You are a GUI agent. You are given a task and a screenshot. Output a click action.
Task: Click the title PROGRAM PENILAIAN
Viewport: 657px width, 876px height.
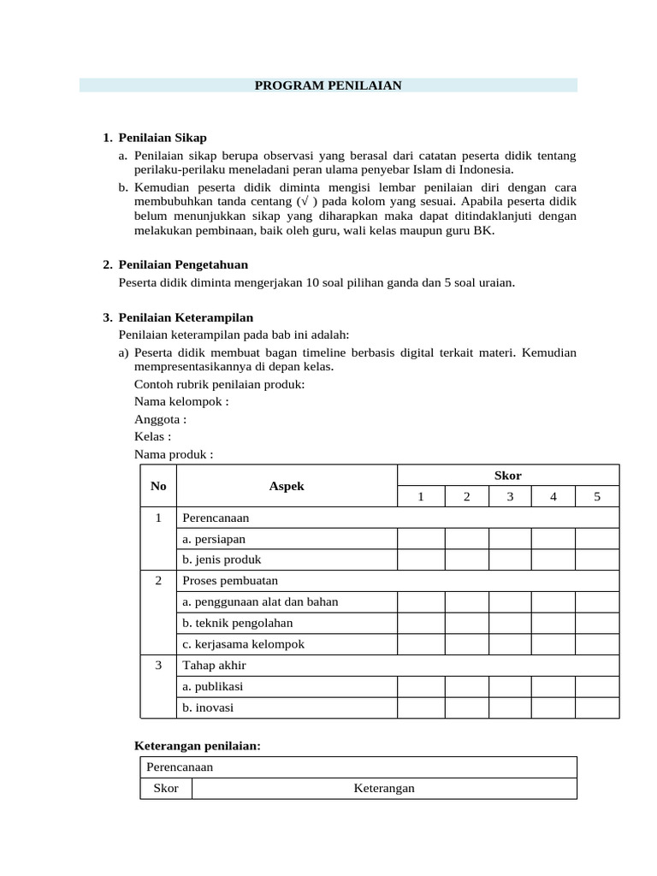[328, 86]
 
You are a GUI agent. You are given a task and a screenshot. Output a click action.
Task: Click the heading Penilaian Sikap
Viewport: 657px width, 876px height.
[163, 137]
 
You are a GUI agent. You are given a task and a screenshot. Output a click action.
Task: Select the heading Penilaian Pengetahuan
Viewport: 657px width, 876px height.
[183, 264]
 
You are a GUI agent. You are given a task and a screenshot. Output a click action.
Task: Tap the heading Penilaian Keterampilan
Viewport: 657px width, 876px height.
[186, 317]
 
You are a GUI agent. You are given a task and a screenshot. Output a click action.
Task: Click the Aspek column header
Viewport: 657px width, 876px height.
[287, 486]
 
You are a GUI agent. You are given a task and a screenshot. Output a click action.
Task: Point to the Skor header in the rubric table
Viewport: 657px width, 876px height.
[508, 475]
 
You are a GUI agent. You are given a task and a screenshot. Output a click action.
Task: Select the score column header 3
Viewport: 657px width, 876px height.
[509, 497]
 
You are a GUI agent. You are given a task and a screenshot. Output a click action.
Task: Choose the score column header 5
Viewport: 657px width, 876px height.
[596, 497]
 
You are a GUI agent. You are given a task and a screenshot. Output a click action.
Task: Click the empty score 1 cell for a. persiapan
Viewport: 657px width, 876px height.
[420, 539]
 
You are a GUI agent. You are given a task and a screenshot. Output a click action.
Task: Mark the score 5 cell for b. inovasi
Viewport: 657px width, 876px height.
[596, 707]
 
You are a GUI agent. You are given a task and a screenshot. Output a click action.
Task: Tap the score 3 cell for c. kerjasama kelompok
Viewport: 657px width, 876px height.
[509, 644]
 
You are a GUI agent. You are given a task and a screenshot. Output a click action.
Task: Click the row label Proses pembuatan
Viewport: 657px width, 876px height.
[224, 581]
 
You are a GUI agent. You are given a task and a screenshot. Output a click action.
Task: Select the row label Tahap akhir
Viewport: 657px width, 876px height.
[213, 665]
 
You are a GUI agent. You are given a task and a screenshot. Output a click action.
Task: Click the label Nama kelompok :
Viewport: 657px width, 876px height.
[181, 401]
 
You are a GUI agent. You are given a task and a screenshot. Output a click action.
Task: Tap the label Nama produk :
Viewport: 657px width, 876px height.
[174, 454]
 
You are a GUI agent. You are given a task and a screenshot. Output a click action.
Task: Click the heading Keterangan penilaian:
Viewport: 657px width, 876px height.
[198, 746]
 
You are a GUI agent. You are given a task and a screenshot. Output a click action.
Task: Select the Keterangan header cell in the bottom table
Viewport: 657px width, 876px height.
[384, 788]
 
